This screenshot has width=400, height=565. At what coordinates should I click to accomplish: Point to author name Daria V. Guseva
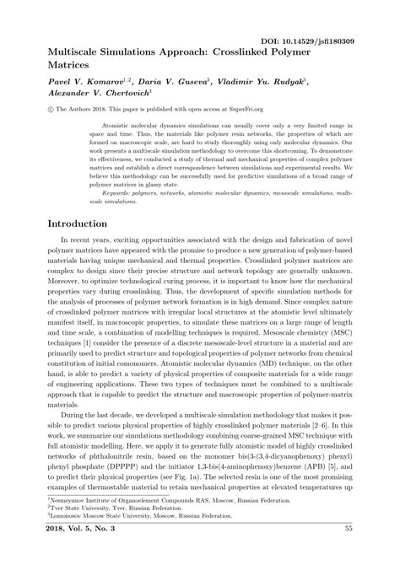coord(165,83)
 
